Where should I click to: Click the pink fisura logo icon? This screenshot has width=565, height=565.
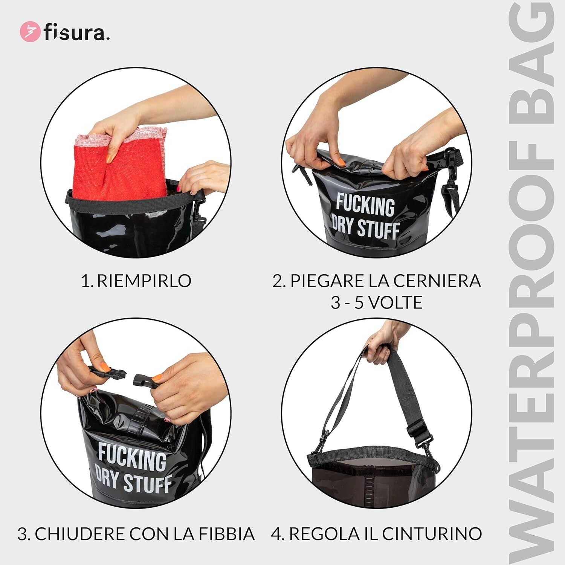tap(29, 32)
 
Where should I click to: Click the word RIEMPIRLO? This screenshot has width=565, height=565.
tap(144, 281)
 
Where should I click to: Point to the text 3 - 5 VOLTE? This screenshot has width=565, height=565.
tap(377, 302)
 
